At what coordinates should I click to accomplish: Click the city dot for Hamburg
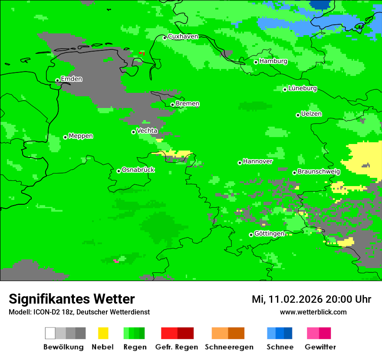point(256,62)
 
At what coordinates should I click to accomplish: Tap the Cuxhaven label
point(183,36)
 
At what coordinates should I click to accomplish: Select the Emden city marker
point(57,80)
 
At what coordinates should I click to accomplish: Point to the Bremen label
point(188,104)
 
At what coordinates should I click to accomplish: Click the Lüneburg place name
point(303,88)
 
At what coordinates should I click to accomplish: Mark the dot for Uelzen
point(298,115)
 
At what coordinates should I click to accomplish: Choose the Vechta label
point(147,131)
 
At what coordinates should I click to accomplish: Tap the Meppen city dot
point(65,137)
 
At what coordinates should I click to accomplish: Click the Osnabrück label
point(138,170)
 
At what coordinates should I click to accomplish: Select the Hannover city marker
point(240,163)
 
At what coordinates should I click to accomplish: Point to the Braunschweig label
point(319,172)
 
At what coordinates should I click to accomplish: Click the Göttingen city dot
point(251,235)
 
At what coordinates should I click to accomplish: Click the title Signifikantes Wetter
point(72,299)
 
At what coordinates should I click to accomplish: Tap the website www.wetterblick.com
point(313,312)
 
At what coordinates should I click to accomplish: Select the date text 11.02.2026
point(293,299)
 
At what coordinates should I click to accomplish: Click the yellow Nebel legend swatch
point(103,333)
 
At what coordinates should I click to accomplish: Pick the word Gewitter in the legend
point(320,347)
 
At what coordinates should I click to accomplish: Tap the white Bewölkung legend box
point(50,333)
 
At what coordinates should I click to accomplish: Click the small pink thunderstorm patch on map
point(115,261)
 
